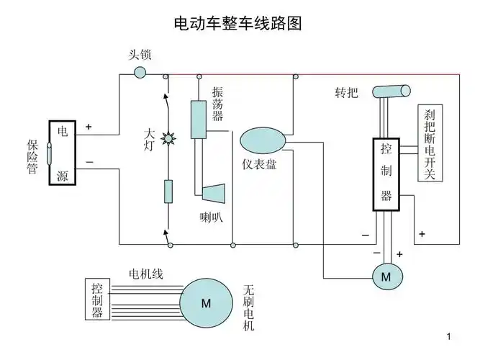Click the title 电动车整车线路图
pyautogui.click(x=237, y=23)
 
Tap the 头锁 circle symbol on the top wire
pyautogui.click(x=140, y=73)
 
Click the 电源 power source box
pyautogui.click(x=63, y=153)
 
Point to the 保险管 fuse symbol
pyautogui.click(x=47, y=153)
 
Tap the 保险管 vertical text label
pyautogui.click(x=32, y=153)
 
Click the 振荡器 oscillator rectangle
pyautogui.click(x=198, y=120)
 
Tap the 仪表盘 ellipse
pyautogui.click(x=263, y=140)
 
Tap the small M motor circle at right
pyautogui.click(x=385, y=276)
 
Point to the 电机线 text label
pyautogui.click(x=146, y=274)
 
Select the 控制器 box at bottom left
pyautogui.click(x=96, y=300)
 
